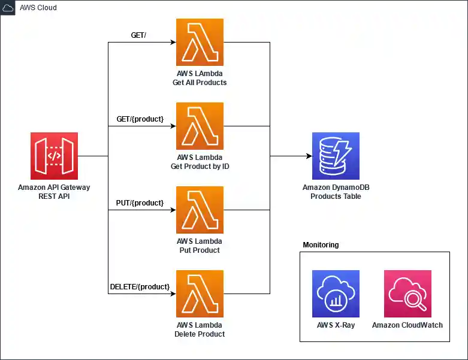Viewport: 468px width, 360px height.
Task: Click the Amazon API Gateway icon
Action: point(54,156)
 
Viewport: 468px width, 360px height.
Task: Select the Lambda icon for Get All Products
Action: point(200,42)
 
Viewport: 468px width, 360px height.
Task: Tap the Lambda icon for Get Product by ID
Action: point(200,126)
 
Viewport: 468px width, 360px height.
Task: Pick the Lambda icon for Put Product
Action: point(200,210)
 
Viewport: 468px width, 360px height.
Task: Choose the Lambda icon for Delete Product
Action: point(200,294)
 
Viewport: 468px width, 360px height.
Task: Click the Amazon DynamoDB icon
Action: point(336,156)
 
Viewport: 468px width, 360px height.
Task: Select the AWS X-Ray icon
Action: point(336,294)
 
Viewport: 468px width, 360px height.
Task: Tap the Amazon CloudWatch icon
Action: point(407,294)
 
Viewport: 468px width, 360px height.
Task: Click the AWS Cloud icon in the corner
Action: point(8,8)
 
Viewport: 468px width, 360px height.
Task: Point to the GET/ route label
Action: point(138,35)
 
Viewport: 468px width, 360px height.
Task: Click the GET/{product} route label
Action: point(140,119)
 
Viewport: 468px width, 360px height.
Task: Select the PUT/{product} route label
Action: point(140,203)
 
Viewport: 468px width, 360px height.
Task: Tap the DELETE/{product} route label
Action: point(140,287)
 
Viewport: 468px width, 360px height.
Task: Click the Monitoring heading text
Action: point(321,245)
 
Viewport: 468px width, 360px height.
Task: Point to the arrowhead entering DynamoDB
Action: point(309,156)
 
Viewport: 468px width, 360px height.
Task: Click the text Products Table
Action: point(336,196)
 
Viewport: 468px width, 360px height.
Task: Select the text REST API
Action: point(54,196)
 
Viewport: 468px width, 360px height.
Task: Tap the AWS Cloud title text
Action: point(39,8)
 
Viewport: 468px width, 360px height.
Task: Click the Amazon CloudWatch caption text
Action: point(407,325)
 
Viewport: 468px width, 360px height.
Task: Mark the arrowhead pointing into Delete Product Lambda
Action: point(173,294)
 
